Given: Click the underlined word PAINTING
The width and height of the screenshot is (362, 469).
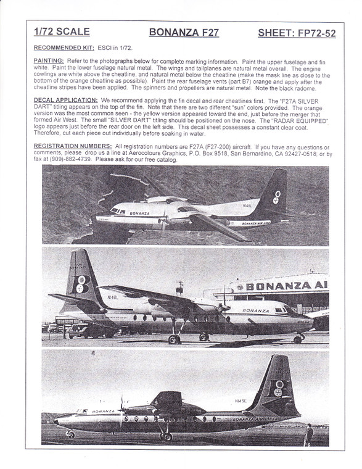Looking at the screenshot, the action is point(49,60).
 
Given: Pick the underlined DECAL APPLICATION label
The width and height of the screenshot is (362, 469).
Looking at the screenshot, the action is point(65,99).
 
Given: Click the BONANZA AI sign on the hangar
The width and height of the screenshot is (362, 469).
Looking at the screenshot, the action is point(289,287).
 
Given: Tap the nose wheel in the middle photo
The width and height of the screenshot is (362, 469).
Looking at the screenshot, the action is point(298,338).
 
